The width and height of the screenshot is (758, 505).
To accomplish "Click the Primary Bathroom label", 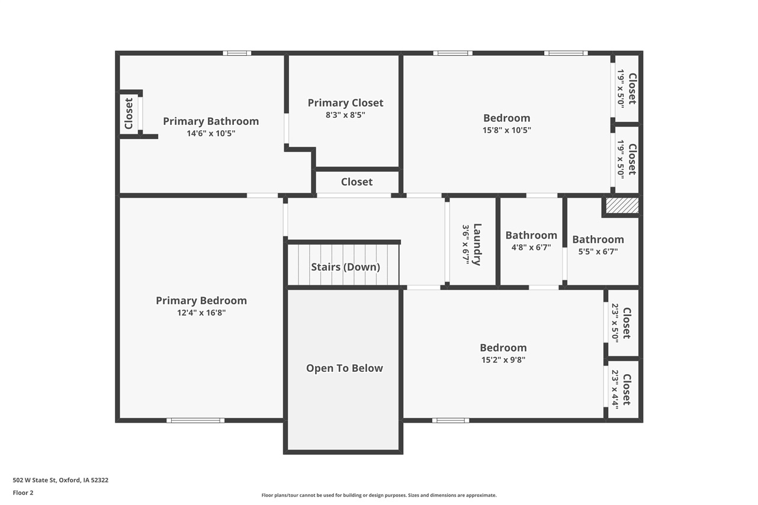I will (211, 121).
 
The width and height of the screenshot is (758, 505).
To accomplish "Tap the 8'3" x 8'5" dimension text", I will (345, 115).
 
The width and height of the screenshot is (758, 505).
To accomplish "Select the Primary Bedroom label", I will (201, 301).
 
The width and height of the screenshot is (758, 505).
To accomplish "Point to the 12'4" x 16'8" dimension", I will (201, 313).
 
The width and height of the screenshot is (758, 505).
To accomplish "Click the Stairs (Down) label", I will (345, 267).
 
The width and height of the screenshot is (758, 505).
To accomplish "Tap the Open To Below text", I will (344, 368).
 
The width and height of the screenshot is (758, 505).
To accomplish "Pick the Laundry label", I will (477, 244).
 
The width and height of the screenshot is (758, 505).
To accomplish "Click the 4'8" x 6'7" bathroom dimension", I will (531, 247).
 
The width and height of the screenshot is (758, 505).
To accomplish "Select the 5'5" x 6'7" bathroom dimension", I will (598, 251).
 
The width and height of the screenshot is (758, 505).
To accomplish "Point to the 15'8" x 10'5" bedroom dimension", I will (506, 130).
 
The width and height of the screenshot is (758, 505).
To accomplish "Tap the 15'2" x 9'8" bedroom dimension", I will (503, 359).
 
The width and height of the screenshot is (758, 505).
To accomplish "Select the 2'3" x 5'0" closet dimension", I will (615, 323).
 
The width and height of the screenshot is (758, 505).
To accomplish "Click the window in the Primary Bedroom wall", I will (195, 420).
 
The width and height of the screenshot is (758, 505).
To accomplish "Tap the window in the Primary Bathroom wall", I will (237, 53).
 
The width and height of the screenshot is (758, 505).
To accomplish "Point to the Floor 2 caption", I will (23, 493).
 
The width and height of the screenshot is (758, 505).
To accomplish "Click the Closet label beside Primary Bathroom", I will (129, 114).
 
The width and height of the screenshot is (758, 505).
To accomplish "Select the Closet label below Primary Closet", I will (356, 182).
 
